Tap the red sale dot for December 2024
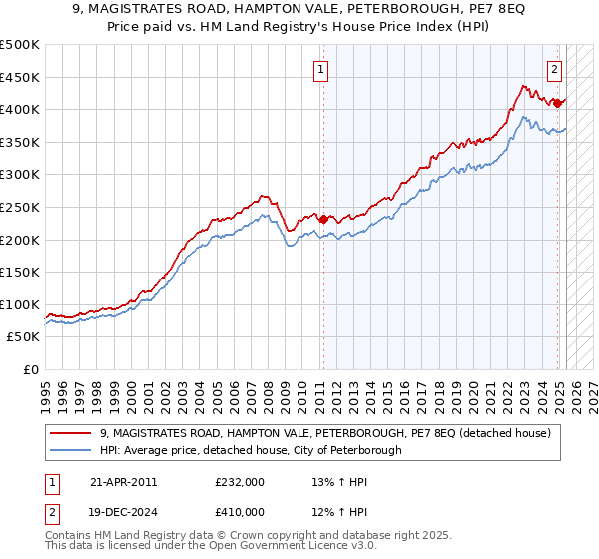click(558, 103)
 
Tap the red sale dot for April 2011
click(323, 219)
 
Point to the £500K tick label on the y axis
click(20, 45)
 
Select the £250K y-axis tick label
click(20, 207)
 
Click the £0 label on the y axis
click(32, 369)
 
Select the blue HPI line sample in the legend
click(70, 450)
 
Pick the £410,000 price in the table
click(240, 511)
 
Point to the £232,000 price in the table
click(240, 482)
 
